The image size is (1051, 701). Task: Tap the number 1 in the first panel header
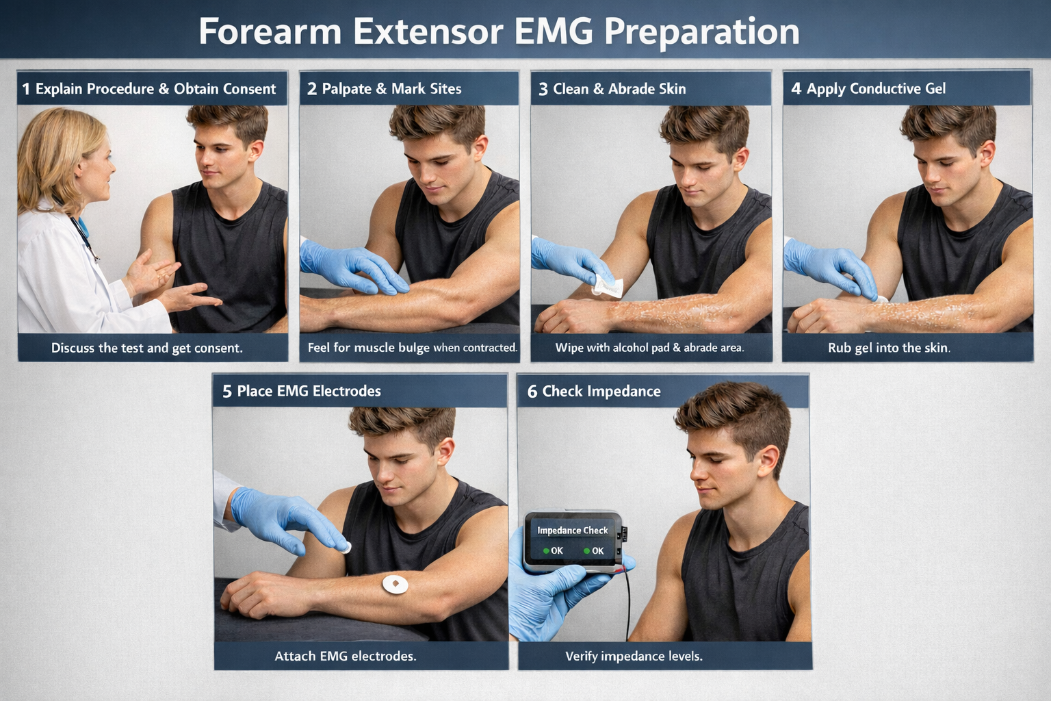(x=26, y=89)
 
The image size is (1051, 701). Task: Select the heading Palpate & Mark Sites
(x=391, y=89)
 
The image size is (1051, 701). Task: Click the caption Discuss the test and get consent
(x=146, y=348)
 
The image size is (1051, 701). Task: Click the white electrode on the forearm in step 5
(x=395, y=584)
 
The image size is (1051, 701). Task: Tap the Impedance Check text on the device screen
(x=572, y=531)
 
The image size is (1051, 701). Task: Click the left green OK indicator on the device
(x=547, y=551)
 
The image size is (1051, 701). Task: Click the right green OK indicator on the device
(x=587, y=551)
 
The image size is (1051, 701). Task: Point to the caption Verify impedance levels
(x=634, y=657)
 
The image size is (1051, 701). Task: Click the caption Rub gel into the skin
(x=889, y=348)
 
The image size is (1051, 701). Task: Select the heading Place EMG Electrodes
(x=309, y=392)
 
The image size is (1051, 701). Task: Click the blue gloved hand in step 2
(x=349, y=267)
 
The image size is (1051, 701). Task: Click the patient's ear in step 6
(x=767, y=463)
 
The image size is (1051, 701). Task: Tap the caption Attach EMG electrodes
(x=345, y=657)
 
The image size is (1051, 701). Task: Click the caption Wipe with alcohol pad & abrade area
(x=649, y=348)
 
